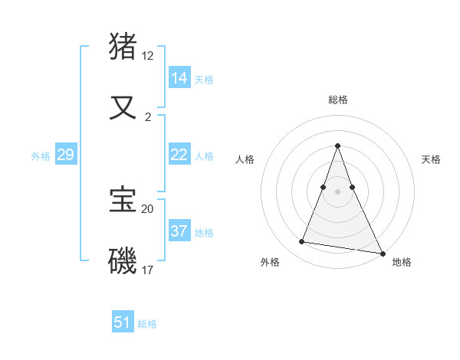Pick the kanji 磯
click(x=123, y=260)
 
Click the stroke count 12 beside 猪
click(x=148, y=56)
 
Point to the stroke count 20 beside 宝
click(x=148, y=208)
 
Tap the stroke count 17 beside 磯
click(x=148, y=270)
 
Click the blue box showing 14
click(x=179, y=77)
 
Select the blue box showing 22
click(x=179, y=155)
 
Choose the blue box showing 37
click(x=179, y=231)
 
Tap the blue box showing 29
click(x=65, y=155)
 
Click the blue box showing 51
click(x=122, y=322)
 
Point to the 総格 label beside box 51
click(x=147, y=324)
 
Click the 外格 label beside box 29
click(x=41, y=156)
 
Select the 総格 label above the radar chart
click(x=338, y=100)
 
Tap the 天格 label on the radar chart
click(x=431, y=159)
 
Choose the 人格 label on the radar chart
click(x=245, y=159)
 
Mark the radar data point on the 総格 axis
click(x=338, y=146)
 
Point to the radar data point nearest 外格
click(x=301, y=242)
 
